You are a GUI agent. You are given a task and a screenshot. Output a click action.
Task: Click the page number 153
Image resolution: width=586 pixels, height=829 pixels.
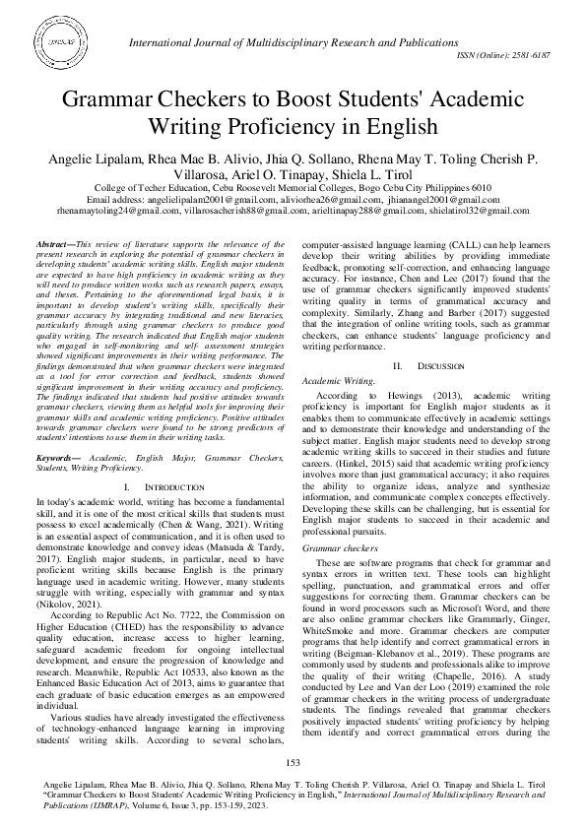tap(293, 763)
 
